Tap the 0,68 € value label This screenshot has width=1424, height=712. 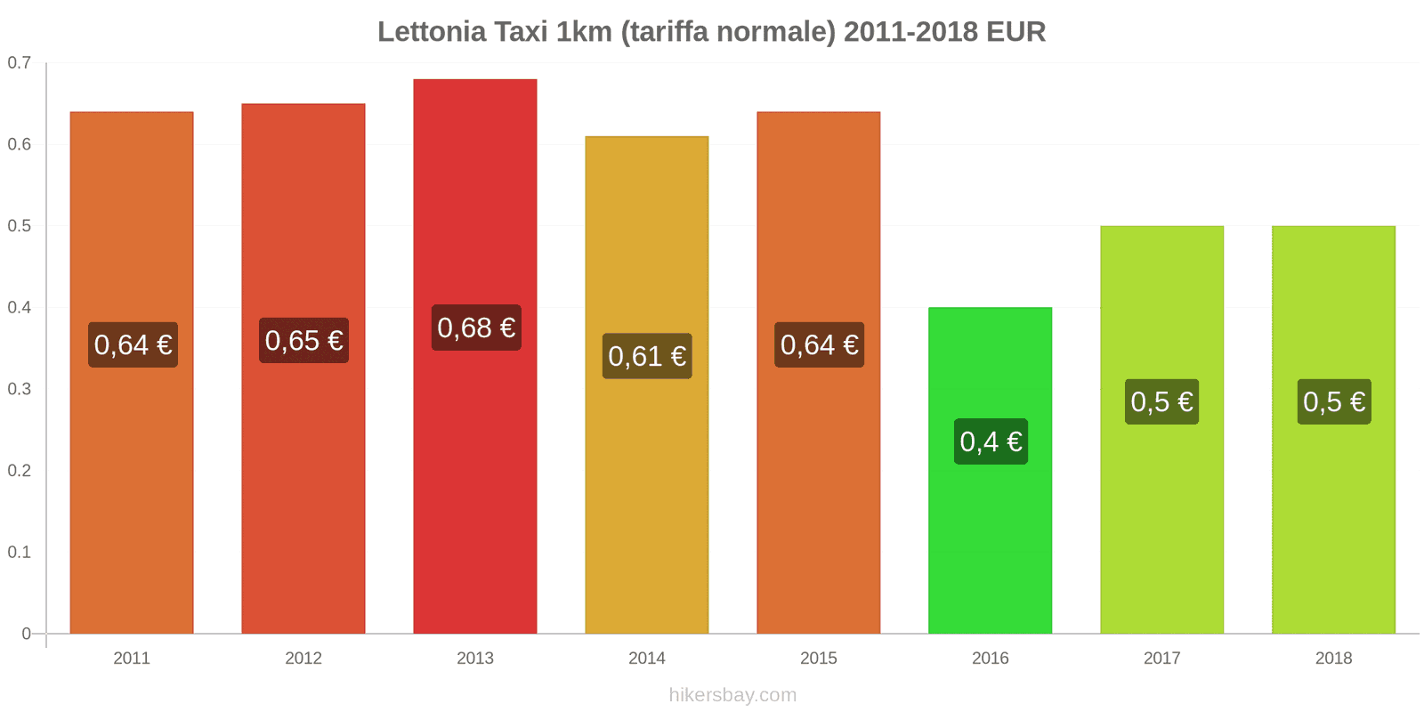click(x=476, y=328)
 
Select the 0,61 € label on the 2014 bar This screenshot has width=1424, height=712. click(x=647, y=356)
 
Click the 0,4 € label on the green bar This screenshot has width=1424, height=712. click(x=991, y=441)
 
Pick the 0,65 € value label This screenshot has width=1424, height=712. click(x=303, y=340)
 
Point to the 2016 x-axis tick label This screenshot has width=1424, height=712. click(x=990, y=659)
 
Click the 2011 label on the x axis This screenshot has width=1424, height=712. click(x=132, y=659)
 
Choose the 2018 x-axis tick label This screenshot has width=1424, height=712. click(x=1333, y=659)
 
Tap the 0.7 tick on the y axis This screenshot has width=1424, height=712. click(x=19, y=63)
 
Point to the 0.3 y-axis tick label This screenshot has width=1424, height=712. click(x=19, y=389)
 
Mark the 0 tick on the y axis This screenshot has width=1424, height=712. click(x=26, y=634)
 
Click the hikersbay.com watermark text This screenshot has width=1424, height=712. click(x=732, y=695)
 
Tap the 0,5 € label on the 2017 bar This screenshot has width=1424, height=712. click(x=1161, y=401)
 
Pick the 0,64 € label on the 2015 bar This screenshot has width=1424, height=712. click(x=819, y=344)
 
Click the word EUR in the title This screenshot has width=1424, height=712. click(x=1015, y=32)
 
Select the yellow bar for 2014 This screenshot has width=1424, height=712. click(x=647, y=498)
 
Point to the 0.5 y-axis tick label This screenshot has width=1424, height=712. click(x=19, y=226)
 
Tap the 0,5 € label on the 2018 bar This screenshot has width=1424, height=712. click(x=1333, y=401)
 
